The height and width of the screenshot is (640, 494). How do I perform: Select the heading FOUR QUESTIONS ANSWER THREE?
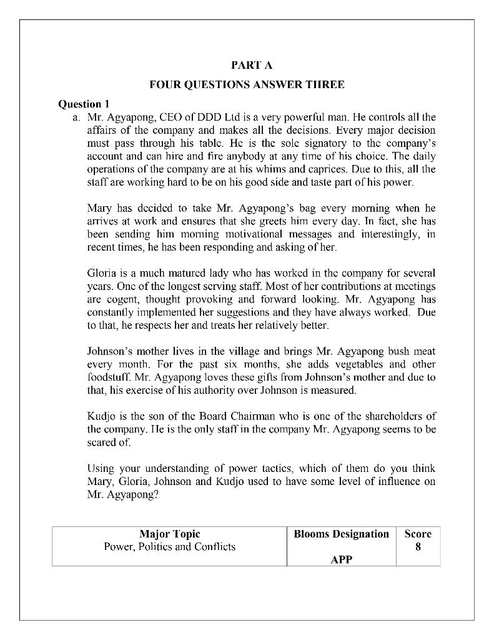point(247,84)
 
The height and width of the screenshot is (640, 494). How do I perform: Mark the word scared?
point(102,442)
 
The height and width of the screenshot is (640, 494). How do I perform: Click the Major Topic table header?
point(169,534)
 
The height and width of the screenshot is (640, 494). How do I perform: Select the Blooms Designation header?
point(341,534)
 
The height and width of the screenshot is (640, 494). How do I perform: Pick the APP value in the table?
point(341,559)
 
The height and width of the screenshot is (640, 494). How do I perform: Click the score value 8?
point(418,547)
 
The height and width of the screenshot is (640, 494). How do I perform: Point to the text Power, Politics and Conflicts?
point(169,547)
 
